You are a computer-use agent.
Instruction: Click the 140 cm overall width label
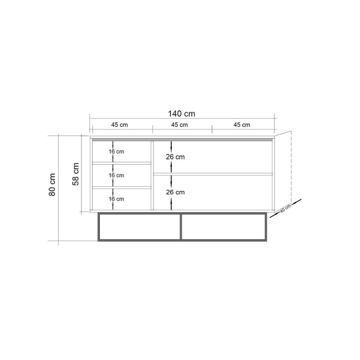(181, 114)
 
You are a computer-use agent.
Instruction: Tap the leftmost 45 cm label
(119, 125)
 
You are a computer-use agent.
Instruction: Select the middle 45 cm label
(179, 125)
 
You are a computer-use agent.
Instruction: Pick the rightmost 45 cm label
(242, 125)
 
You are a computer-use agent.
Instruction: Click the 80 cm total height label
(52, 184)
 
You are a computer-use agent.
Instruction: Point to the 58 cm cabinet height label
(76, 174)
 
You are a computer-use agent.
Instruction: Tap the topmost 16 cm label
(117, 152)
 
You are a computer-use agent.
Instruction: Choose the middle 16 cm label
(117, 175)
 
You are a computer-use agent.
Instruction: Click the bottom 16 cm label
(117, 199)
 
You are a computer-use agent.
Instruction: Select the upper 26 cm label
(175, 157)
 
